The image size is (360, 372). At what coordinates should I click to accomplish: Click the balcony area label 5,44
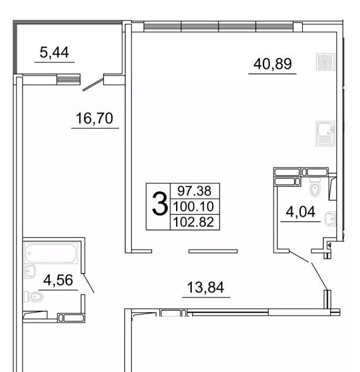coord(54,52)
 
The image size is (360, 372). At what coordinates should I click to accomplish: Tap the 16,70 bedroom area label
coord(94,118)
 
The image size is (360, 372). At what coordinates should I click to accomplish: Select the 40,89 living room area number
coord(272,64)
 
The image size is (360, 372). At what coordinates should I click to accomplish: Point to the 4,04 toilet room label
coord(300,212)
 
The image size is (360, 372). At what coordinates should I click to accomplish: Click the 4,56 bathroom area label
coord(58,280)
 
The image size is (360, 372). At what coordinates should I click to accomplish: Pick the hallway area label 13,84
coord(205,287)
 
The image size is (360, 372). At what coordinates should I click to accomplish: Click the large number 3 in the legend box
coord(159,204)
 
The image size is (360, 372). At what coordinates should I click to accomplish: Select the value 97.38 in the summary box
coord(194,191)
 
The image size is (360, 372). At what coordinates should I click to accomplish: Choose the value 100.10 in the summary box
coord(194,206)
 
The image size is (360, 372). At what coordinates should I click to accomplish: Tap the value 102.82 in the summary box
coord(194,222)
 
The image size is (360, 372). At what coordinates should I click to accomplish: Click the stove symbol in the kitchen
coord(325,62)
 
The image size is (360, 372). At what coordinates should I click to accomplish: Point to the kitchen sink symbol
coord(325,134)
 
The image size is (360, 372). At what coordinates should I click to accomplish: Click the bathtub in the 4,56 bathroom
coord(51,253)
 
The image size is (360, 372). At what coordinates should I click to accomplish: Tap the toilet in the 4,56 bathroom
coord(34,297)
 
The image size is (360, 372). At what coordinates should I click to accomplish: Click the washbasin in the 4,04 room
coord(330,218)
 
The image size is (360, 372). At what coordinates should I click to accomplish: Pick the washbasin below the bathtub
coord(30,271)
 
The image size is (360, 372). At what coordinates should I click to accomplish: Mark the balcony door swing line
coord(93,84)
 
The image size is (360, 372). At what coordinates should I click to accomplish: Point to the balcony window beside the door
coord(68,79)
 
